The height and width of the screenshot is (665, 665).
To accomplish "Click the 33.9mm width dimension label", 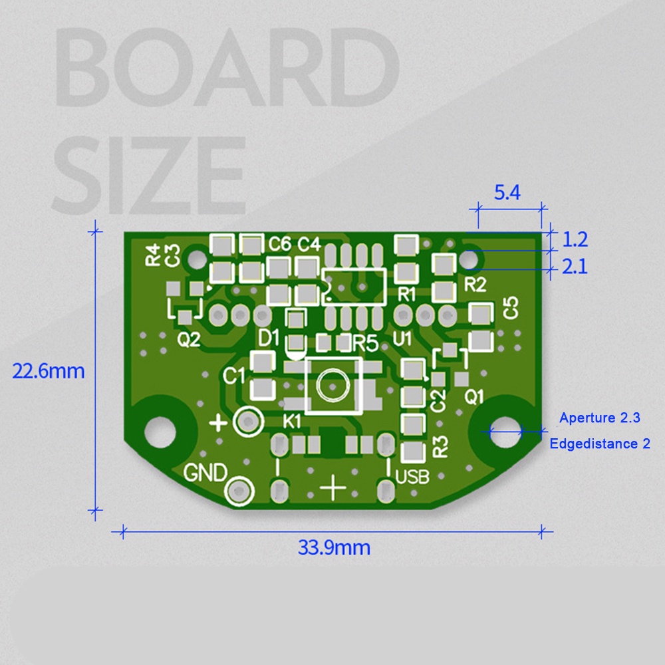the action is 334,547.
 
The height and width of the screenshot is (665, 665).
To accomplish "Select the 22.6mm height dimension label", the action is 49,371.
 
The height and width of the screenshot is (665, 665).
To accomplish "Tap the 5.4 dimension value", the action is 507,193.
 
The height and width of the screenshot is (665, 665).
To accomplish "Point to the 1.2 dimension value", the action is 575,239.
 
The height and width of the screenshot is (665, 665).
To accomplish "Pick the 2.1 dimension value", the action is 575,267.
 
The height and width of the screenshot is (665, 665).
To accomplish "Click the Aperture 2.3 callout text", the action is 600,418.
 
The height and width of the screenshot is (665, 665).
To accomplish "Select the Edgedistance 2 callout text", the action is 600,444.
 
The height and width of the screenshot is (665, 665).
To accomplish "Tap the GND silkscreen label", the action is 205,472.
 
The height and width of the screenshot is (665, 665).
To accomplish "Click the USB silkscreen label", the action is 412,477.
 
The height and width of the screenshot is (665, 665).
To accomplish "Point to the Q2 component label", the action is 189,339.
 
